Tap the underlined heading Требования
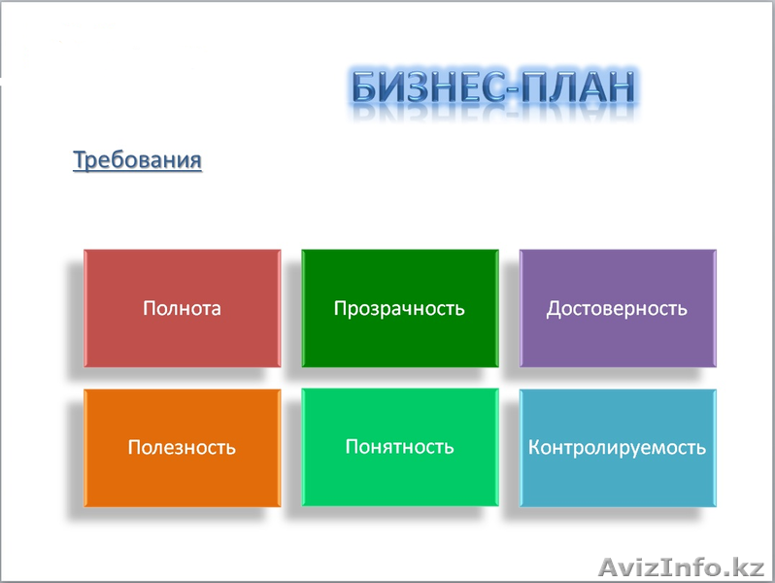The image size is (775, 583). (x=137, y=159)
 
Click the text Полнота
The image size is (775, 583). (x=182, y=309)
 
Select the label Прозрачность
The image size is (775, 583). (x=399, y=309)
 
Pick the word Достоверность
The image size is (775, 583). (x=617, y=309)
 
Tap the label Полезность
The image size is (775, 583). (x=182, y=448)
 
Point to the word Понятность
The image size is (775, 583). (x=399, y=447)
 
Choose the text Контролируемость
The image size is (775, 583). (x=617, y=448)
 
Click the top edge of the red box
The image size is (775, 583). (x=182, y=251)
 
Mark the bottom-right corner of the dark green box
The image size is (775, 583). (x=498, y=366)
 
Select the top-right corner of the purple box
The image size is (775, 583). (x=716, y=251)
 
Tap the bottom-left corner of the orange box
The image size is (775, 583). (x=84, y=505)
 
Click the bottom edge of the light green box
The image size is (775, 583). (x=399, y=505)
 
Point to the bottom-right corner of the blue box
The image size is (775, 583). (x=716, y=505)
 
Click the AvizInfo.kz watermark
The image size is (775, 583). (x=684, y=566)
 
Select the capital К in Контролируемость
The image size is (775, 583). (x=534, y=448)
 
